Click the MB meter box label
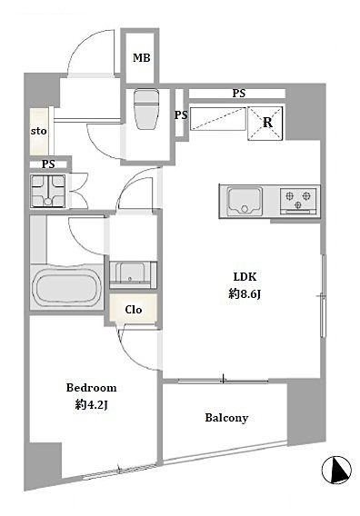tap(141, 58)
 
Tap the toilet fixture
tap(146, 109)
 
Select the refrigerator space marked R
tap(265, 123)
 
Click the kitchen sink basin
tap(245, 201)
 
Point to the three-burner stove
tap(298, 201)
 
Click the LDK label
tap(245, 277)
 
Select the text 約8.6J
tap(245, 293)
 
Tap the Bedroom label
tap(91, 388)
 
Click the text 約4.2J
tap(91, 405)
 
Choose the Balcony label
tap(226, 418)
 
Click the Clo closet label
tap(134, 310)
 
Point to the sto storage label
tap(38, 131)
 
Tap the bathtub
tap(66, 287)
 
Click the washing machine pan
tap(48, 191)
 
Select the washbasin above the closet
tap(133, 274)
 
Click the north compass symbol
tap(336, 470)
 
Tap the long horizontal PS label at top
tap(239, 94)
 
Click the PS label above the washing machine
tap(48, 164)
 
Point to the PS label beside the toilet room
tap(181, 114)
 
